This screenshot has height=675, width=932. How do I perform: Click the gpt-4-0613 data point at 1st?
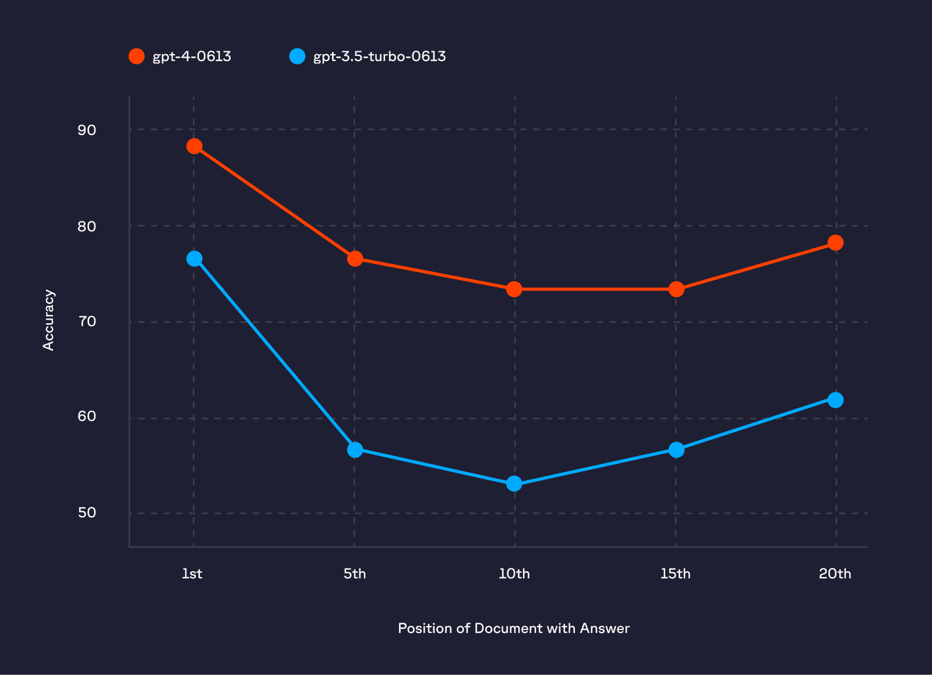click(x=195, y=146)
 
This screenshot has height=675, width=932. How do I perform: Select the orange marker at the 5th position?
click(x=355, y=259)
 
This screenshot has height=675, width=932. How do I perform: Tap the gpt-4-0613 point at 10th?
click(x=514, y=289)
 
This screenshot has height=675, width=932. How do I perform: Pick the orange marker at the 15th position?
click(x=676, y=289)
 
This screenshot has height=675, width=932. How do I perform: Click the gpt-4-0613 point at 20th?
click(x=835, y=242)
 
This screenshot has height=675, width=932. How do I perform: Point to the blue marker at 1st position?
click(x=195, y=259)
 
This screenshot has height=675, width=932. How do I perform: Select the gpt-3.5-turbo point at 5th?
click(x=355, y=450)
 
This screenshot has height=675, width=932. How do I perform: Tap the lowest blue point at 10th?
click(x=514, y=483)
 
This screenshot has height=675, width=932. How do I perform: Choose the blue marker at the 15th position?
click(x=676, y=450)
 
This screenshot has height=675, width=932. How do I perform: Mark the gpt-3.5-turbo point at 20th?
click(x=835, y=400)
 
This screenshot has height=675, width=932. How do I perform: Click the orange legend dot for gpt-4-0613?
click(x=136, y=56)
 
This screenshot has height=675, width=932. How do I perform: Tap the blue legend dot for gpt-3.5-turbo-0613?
click(x=297, y=56)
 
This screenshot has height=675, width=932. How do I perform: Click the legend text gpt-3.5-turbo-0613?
click(x=379, y=56)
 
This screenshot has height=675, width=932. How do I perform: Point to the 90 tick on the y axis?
click(x=87, y=130)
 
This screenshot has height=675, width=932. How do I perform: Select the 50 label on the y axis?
click(x=87, y=513)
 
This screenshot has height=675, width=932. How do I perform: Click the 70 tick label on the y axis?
click(x=87, y=321)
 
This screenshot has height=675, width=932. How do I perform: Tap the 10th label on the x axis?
click(x=514, y=574)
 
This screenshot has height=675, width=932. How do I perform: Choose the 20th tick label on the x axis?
click(x=835, y=574)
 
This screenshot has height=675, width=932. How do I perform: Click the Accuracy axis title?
click(x=49, y=320)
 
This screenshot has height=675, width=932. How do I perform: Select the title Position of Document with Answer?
click(x=513, y=628)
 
